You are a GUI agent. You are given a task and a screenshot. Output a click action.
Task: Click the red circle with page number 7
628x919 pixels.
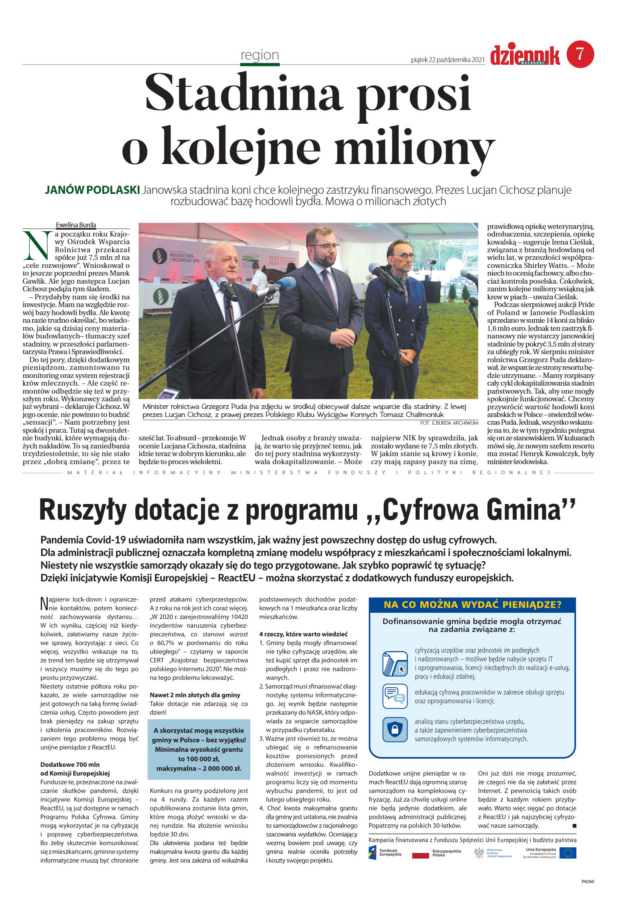coord(580,54)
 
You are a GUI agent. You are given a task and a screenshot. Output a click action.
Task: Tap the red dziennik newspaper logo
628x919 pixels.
coord(525,56)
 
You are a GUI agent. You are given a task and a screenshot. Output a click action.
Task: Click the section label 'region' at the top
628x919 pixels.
coord(260,55)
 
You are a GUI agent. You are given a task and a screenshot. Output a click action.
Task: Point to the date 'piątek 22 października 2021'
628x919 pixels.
coord(447,60)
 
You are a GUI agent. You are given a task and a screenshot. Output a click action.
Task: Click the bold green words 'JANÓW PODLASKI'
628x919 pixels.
coord(92,190)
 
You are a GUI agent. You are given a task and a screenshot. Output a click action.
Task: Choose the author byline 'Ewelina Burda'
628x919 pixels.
coord(76,225)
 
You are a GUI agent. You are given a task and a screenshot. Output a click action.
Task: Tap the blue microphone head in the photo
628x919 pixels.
coord(287,284)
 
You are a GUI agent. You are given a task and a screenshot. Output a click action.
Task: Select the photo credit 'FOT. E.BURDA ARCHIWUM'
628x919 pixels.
coord(449,423)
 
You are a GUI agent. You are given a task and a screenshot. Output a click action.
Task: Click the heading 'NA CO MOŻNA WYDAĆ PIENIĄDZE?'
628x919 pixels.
coord(472,605)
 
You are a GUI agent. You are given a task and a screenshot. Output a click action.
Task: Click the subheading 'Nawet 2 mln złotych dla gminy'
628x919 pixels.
coord(195,695)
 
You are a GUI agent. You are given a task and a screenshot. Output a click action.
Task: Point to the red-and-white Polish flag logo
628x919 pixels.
coord(420,853)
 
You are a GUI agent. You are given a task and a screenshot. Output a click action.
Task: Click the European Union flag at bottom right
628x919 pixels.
coord(568,853)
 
